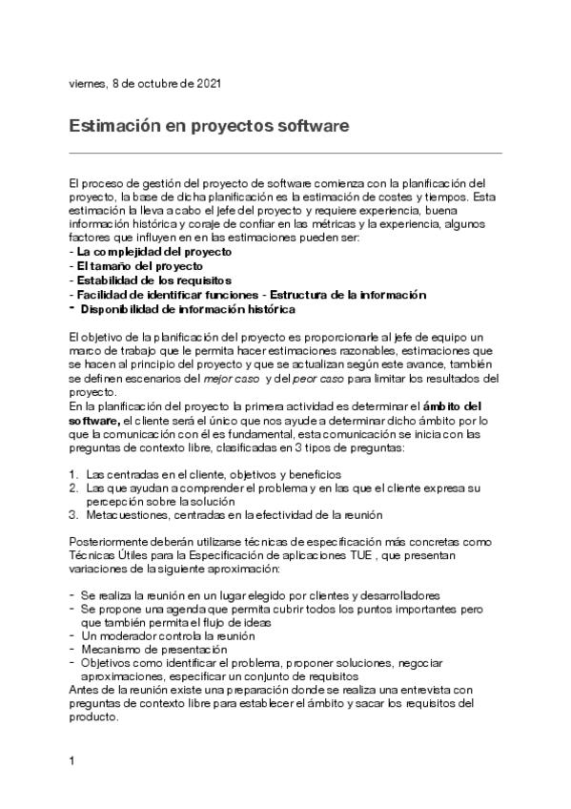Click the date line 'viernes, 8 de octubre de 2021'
[146, 84]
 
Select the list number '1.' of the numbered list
[73, 474]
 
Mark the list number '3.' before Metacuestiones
[73, 515]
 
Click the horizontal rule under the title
[286, 153]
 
